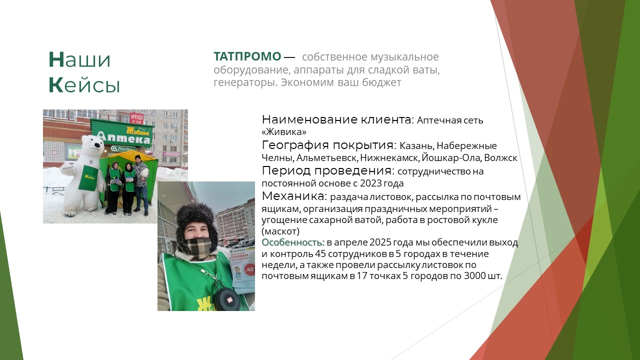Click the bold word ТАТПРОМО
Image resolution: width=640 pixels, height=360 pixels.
coord(247,56)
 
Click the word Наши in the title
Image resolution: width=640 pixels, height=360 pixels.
coord(79,59)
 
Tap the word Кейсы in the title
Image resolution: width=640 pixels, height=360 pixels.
coord(84,85)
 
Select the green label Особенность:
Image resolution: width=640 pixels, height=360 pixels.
coord(293,242)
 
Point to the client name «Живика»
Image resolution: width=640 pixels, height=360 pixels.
coord(284,132)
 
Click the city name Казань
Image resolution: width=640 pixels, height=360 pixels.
coord(417,146)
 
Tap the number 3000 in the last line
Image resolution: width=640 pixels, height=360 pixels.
coord(475,276)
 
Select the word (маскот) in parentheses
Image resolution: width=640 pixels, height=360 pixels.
coord(280,231)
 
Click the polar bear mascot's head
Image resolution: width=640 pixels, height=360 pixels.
coord(93,144)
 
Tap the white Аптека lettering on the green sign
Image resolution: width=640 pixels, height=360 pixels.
coord(124,138)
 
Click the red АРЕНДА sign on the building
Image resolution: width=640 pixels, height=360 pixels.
coord(136,118)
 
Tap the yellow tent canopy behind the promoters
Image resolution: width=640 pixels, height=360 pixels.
coord(130,157)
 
